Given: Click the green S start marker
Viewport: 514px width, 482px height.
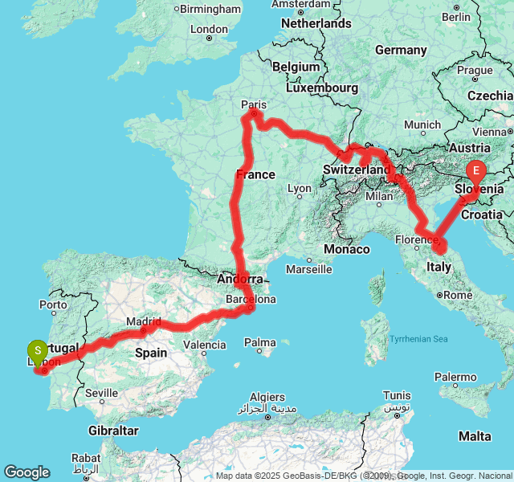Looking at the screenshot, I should [x=37, y=351].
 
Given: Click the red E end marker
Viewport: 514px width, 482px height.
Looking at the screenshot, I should [x=476, y=171].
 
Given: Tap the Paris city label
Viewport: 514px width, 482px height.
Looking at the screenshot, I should [x=254, y=104].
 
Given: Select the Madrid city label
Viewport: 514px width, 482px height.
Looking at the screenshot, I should [x=144, y=322].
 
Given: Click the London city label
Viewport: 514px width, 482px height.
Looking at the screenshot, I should [x=209, y=29].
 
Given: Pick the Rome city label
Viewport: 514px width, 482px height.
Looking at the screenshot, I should [x=459, y=295].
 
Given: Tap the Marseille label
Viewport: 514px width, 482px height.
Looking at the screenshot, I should [x=308, y=269].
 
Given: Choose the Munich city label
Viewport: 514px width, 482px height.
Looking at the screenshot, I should [x=422, y=125].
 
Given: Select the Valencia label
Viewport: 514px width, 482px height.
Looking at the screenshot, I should [x=205, y=345].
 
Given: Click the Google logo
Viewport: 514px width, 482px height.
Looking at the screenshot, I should [x=27, y=472].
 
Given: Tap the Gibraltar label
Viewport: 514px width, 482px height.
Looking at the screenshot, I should [x=114, y=431].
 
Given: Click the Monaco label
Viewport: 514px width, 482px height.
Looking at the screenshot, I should [x=347, y=249].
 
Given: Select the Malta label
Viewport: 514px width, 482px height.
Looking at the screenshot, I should [x=475, y=436].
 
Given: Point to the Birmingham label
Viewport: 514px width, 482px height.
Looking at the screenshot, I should [x=210, y=9].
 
